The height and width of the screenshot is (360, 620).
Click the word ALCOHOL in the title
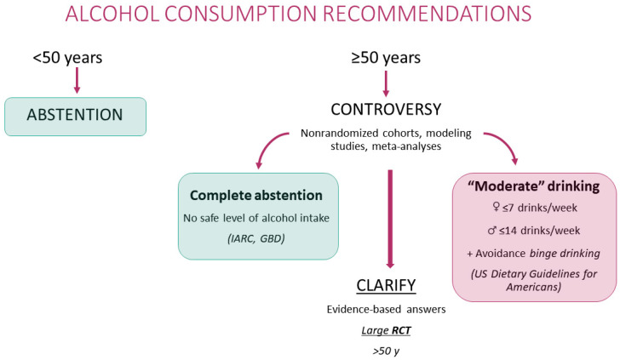pyautogui.click(x=112, y=14)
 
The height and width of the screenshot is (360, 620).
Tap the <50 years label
pyautogui.click(x=67, y=58)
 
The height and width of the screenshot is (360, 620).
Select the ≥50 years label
pyautogui.click(x=386, y=58)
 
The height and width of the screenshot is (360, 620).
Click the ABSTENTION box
pyautogui.click(x=76, y=117)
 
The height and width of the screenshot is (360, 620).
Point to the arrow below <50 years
pyautogui.click(x=77, y=80)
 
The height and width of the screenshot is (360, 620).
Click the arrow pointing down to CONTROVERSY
pyautogui.click(x=386, y=83)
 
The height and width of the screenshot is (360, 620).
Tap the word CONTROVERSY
pyautogui.click(x=386, y=110)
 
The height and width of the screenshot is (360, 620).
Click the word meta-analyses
pyautogui.click(x=406, y=146)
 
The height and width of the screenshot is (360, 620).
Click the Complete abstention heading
pyautogui.click(x=256, y=195)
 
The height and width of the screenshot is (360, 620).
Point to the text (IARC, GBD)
pyautogui.click(x=256, y=238)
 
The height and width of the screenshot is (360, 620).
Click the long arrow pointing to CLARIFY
pyautogui.click(x=390, y=220)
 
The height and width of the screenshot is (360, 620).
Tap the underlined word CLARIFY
pyautogui.click(x=386, y=285)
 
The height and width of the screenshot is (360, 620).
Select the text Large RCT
pyautogui.click(x=386, y=330)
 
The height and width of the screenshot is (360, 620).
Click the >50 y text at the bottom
pyautogui.click(x=386, y=351)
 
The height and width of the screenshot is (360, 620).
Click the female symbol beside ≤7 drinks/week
pyautogui.click(x=496, y=207)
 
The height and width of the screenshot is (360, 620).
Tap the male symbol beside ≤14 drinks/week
pyautogui.click(x=492, y=230)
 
